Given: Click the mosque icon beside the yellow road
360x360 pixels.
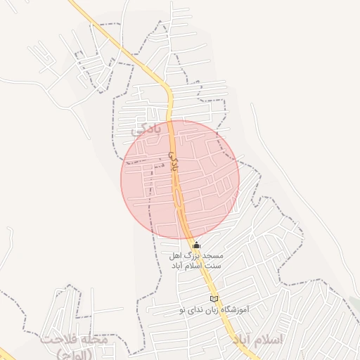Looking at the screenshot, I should coord(196,246).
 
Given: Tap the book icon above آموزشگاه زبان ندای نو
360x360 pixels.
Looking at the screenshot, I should coord(214,299).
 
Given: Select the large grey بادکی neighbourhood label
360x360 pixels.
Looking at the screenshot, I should coord(147,129).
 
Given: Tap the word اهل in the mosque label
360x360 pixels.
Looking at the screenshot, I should coord(175,257).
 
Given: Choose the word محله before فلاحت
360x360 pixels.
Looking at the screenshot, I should coord(94,340).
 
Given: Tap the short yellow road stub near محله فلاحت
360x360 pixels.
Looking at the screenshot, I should coord(6,352).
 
